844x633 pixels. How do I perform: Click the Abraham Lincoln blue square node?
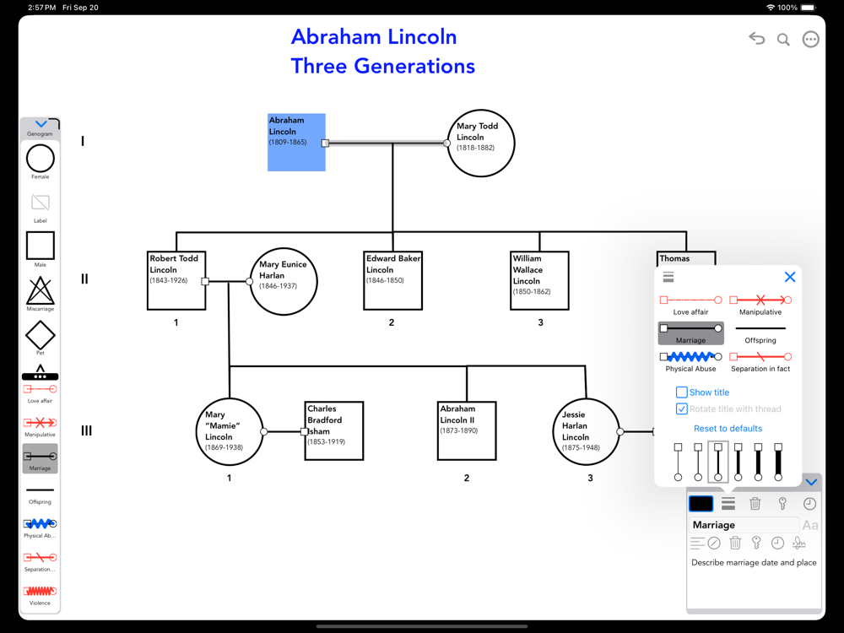[x=296, y=143]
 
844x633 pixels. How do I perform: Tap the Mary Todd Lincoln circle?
[x=480, y=143]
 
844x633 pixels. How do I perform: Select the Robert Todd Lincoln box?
[x=176, y=281]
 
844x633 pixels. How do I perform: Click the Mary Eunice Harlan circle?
[x=284, y=281]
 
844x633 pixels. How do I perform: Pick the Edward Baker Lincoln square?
[x=393, y=281]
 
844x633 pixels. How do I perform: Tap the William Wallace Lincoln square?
[x=540, y=281]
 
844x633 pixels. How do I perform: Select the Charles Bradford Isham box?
[x=334, y=430]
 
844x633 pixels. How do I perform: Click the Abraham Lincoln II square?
[x=467, y=430]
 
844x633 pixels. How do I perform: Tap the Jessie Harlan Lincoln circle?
[x=587, y=432]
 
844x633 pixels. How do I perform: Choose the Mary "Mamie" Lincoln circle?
[x=229, y=432]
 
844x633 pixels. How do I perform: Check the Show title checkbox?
[x=681, y=392]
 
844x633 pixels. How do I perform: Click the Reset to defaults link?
[x=728, y=429]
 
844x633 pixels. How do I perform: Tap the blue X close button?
[x=790, y=277]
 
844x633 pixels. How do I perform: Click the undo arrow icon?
[x=756, y=39]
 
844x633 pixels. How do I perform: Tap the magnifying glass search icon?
[x=783, y=40]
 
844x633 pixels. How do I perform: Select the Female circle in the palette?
[x=40, y=159]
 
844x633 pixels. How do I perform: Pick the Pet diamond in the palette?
[x=40, y=335]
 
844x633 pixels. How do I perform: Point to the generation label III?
[x=86, y=431]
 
